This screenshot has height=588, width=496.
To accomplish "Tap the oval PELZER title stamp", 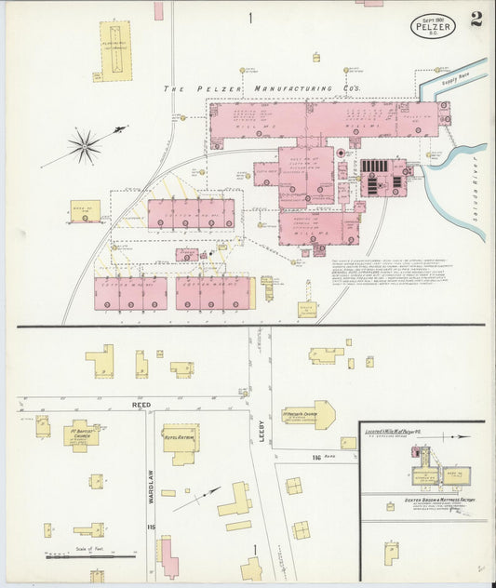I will (433, 25).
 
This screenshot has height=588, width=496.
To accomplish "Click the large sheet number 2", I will (476, 20).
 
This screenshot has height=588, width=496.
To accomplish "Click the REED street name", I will (140, 405).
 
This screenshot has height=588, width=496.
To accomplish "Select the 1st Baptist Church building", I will (82, 434).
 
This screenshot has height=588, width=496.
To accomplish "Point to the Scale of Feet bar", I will (91, 556).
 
